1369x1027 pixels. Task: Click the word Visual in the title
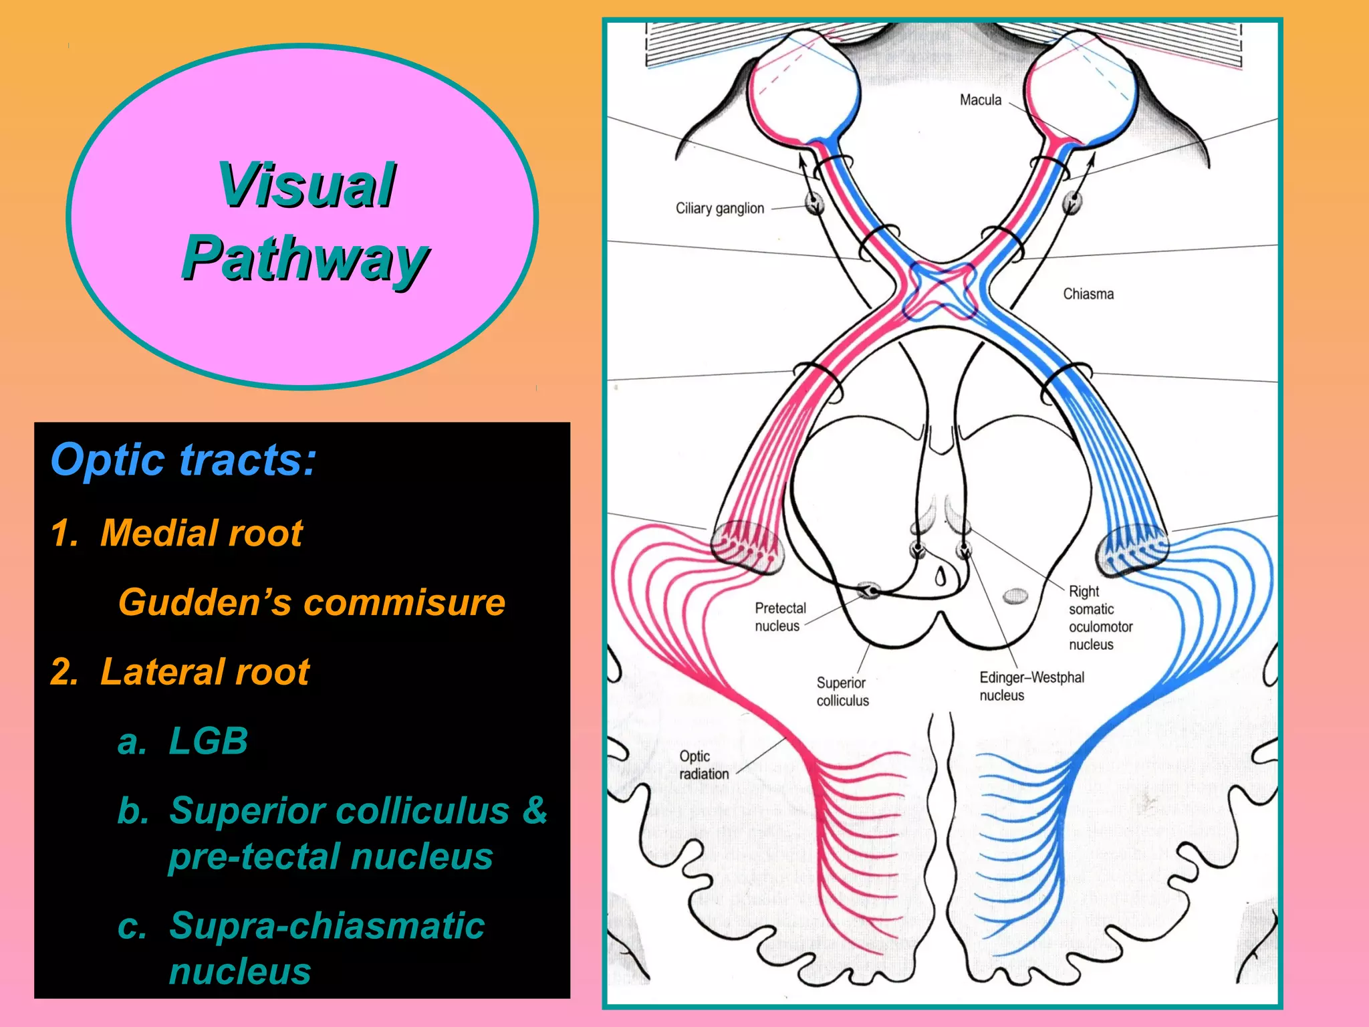306,185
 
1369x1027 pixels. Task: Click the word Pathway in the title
305,259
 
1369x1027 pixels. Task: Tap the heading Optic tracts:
183,460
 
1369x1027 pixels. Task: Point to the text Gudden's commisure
312,602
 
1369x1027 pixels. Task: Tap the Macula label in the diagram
981,100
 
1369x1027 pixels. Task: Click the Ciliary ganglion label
719,209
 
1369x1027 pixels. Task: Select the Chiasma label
1088,294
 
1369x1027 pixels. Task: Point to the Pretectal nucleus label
779,616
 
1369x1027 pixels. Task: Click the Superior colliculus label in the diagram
842,691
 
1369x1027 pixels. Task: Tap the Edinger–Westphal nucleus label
1031,686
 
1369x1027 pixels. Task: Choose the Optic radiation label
703,765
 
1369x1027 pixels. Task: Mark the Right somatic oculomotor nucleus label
1100,618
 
